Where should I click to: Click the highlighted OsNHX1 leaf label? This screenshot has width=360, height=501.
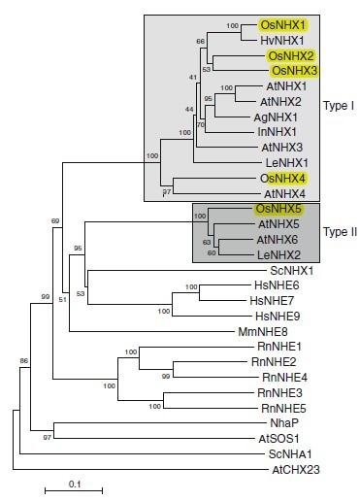coord(283,25)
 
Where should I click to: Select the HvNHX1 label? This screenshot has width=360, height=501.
coord(282,41)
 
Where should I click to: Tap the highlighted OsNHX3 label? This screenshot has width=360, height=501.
coord(294,71)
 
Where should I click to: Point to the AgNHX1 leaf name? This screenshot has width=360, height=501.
coord(276,117)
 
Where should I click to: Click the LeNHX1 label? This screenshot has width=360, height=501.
coord(287,163)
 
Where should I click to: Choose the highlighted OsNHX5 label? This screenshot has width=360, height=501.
coord(278,209)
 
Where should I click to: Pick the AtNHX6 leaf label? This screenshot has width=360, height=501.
coord(278,240)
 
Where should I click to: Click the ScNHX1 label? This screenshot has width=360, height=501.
coord(292,271)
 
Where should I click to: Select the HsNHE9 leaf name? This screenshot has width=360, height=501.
coord(278,317)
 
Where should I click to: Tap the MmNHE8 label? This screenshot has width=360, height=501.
coord(263,332)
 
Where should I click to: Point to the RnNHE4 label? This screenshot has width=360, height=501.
coord(284,378)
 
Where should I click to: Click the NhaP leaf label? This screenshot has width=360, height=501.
coord(284,423)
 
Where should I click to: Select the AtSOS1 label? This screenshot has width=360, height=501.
coord(278,439)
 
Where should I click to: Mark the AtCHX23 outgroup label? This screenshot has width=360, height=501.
coord(296,470)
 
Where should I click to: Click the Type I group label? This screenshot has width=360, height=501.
coord(339,106)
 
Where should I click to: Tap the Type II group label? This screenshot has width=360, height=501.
coord(340,232)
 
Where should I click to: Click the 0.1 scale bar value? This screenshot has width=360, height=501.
coord(75,484)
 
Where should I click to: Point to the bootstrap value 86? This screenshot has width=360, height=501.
coord(24,360)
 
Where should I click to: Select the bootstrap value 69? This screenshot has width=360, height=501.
coord(55,221)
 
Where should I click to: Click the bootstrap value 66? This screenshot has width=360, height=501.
coord(201,42)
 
